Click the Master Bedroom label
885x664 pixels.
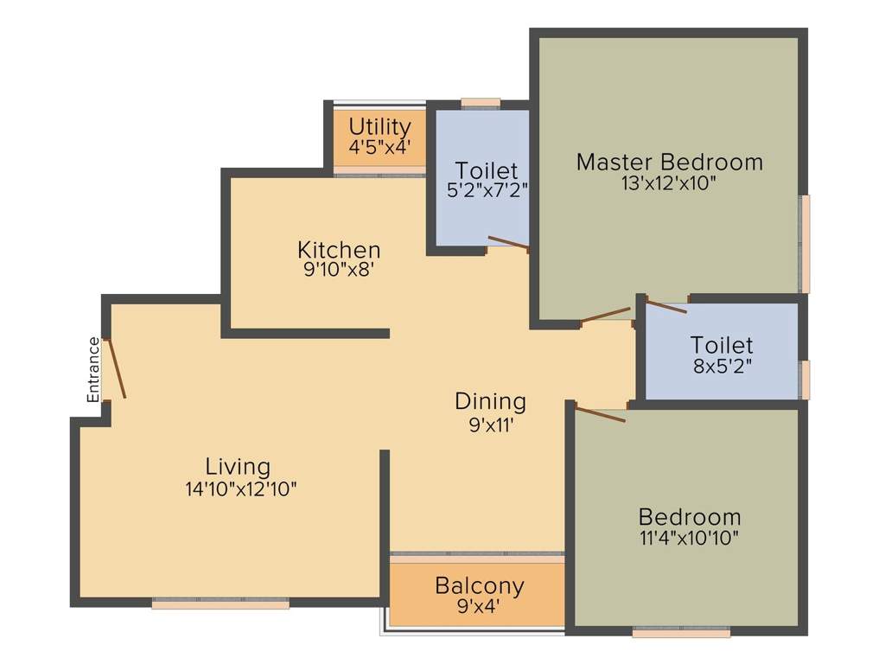click(669, 162)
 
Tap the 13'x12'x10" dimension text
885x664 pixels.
click(669, 183)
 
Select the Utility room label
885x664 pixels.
click(379, 127)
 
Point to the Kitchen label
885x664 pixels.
click(339, 250)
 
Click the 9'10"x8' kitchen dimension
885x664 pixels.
click(339, 269)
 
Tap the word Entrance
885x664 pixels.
click(93, 369)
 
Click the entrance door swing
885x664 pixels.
click(115, 368)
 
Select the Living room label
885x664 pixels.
click(238, 466)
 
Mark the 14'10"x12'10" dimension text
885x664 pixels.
click(241, 488)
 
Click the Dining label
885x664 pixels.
click(490, 401)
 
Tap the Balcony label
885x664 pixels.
click(479, 585)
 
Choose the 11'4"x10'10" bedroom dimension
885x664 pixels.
click(689, 538)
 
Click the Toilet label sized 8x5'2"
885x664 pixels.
click(722, 345)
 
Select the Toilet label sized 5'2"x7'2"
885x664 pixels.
click(487, 169)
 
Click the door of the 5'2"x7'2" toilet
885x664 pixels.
click(508, 244)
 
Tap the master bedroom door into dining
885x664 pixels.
click(606, 315)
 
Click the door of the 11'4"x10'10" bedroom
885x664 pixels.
click(601, 414)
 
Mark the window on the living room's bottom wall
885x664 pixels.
click(220, 604)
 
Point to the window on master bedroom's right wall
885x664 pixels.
click(805, 244)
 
